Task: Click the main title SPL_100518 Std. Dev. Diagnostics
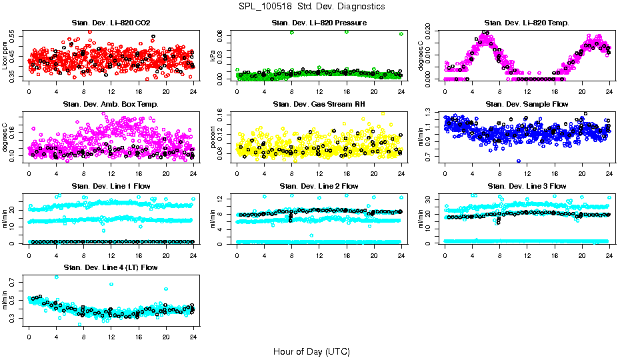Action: pyautogui.click(x=311, y=7)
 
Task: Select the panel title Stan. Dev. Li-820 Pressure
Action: pyautogui.click(x=319, y=23)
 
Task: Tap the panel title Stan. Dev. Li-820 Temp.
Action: pyautogui.click(x=527, y=23)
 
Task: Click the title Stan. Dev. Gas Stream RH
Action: pyautogui.click(x=319, y=105)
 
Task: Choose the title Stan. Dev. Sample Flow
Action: pyautogui.click(x=527, y=105)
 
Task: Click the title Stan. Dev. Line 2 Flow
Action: pyautogui.click(x=319, y=186)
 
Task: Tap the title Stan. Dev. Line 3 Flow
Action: pyautogui.click(x=527, y=186)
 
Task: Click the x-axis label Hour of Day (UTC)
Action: pyautogui.click(x=311, y=351)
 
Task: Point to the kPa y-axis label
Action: pyautogui.click(x=213, y=56)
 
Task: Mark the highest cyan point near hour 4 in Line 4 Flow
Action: pyautogui.click(x=56, y=277)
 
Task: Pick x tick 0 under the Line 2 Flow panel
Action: pyautogui.click(x=237, y=254)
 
